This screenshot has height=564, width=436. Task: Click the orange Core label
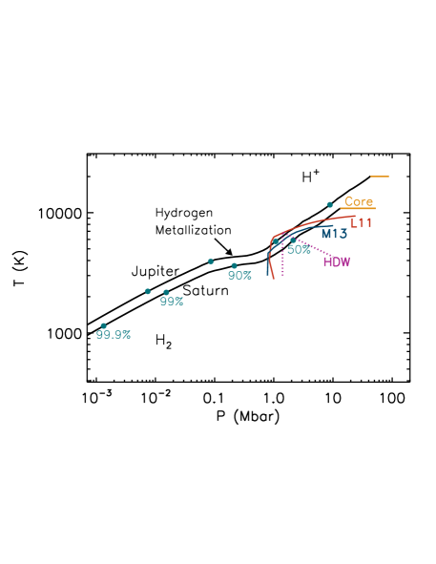pos(359,201)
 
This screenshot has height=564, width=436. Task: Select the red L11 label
pos(361,223)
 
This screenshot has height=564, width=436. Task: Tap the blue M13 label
pos(334,234)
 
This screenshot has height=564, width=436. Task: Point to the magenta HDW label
pos(337,261)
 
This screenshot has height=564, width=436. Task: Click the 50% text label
pos(299,250)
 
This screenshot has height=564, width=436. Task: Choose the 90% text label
pos(239,276)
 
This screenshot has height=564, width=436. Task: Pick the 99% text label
pos(172,302)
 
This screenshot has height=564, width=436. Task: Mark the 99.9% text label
pos(114,335)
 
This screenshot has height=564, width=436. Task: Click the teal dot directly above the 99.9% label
pos(104,325)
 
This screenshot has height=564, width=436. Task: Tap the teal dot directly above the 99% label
pos(166,292)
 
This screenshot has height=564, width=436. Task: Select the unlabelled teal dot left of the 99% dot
pos(147,291)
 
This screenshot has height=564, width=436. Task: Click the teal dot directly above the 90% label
pos(234,265)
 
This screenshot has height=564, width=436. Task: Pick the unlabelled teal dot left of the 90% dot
pos(211,261)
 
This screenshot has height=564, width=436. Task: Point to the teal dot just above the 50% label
pos(292,239)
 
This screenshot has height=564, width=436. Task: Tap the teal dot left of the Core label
pos(329,204)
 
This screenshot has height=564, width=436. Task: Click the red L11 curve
pos(315,222)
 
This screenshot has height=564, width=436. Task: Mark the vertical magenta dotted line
pos(282,261)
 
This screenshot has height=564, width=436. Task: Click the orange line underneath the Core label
pos(359,209)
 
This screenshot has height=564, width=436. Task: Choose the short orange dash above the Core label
pos(380,177)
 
